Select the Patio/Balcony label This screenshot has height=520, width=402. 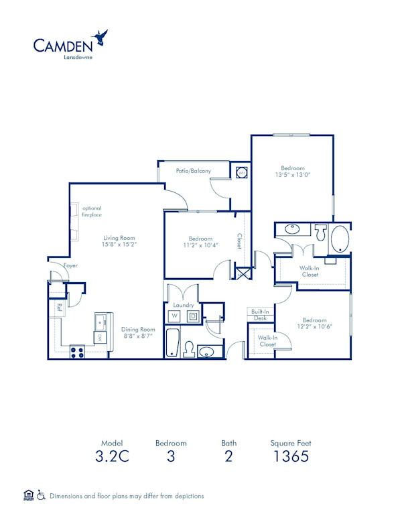(194, 171)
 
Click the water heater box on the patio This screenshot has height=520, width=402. (242, 173)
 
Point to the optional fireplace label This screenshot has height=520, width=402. (92, 212)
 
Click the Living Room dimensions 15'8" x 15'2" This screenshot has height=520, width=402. (119, 245)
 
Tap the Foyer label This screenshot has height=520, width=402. (70, 266)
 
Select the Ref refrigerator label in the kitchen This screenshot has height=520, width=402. (59, 308)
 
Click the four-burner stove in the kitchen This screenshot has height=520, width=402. (78, 350)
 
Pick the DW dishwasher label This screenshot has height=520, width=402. (99, 337)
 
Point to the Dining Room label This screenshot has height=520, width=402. (138, 329)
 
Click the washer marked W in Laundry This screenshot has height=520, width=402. (174, 316)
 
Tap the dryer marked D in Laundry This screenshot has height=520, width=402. (192, 316)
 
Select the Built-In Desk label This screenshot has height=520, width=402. (260, 315)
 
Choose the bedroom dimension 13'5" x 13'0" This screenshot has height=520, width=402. (292, 175)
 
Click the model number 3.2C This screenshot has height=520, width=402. (112, 458)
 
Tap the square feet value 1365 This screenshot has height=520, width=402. (290, 458)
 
